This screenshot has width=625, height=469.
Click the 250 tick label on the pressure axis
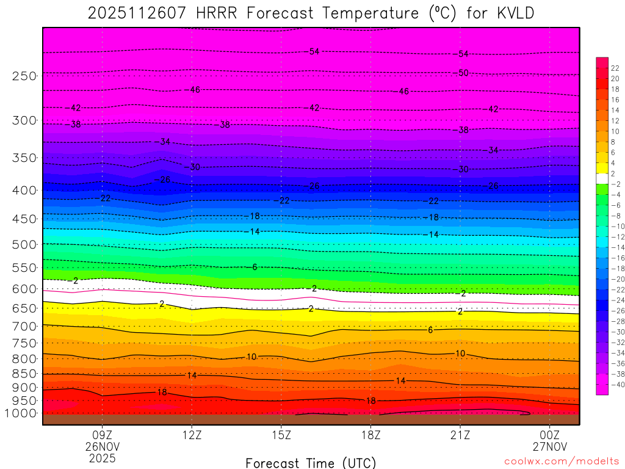tap(24, 76)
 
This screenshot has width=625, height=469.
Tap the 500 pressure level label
tap(24, 244)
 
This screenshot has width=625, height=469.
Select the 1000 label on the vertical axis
tap(21, 413)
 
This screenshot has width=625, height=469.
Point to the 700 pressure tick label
tap(24, 326)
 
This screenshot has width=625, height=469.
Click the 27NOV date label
tap(550, 446)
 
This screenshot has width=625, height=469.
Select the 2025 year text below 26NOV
tap(102, 457)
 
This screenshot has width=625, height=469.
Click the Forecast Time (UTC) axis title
tap(311, 462)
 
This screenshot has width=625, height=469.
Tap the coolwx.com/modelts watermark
tap(561, 462)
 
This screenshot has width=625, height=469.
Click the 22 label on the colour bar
tap(615, 68)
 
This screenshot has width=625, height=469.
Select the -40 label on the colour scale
tap(616, 384)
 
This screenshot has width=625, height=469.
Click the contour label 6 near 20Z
tap(430, 330)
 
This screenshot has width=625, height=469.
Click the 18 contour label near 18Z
tap(370, 401)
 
